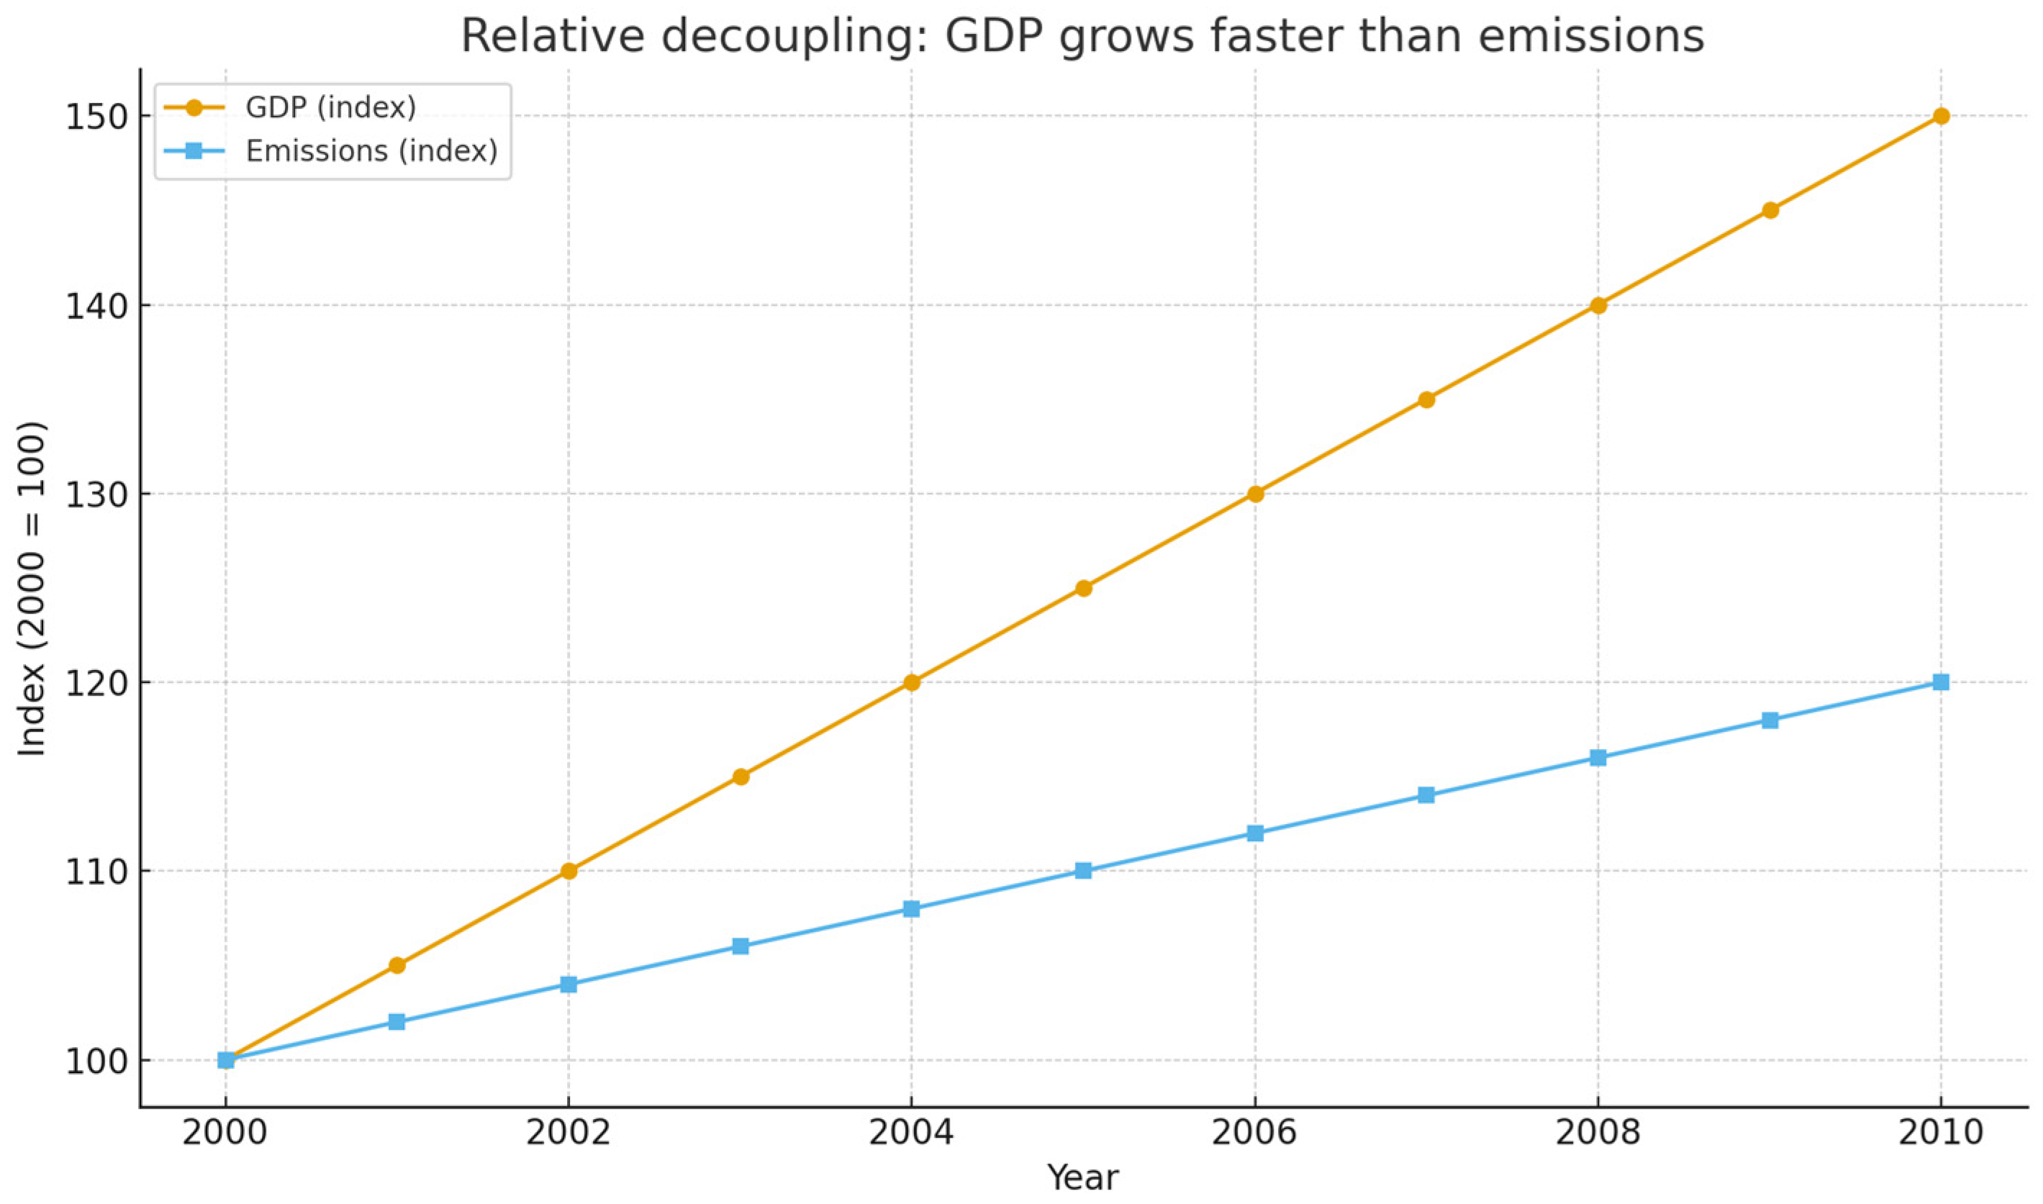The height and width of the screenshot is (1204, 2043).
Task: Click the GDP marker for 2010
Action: pos(1941,116)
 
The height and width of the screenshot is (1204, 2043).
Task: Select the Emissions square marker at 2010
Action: pos(1941,682)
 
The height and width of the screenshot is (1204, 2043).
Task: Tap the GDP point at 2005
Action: pos(1084,588)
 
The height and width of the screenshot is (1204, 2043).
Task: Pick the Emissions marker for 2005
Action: pos(1084,872)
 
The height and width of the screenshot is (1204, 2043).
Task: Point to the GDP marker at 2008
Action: pos(1598,305)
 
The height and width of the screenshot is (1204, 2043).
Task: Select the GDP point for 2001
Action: pos(397,966)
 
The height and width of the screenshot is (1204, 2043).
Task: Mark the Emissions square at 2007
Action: pos(1426,795)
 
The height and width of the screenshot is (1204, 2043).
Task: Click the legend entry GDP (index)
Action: pos(331,107)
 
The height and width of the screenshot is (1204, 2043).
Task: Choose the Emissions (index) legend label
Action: pos(371,151)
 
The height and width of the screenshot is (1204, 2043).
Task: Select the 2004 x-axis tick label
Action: pos(912,1133)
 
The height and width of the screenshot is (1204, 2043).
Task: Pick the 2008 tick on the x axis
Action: pos(1598,1133)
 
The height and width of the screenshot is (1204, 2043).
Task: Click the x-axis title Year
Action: pos(1083,1177)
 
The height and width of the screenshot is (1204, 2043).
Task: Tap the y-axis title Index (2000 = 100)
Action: pos(32,589)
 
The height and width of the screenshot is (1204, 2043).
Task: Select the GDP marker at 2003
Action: pos(740,777)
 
